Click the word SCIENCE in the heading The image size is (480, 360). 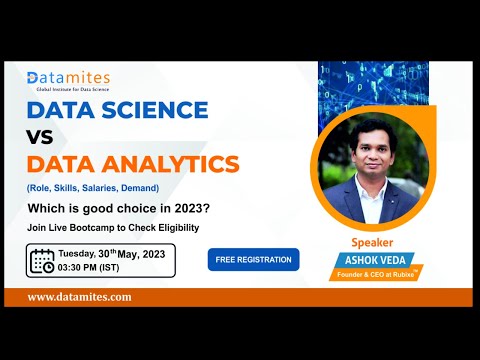pos(159,110)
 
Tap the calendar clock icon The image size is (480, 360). pos(42,261)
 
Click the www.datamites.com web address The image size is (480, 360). pos(79,297)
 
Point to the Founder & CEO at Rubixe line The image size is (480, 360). pos(373,275)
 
